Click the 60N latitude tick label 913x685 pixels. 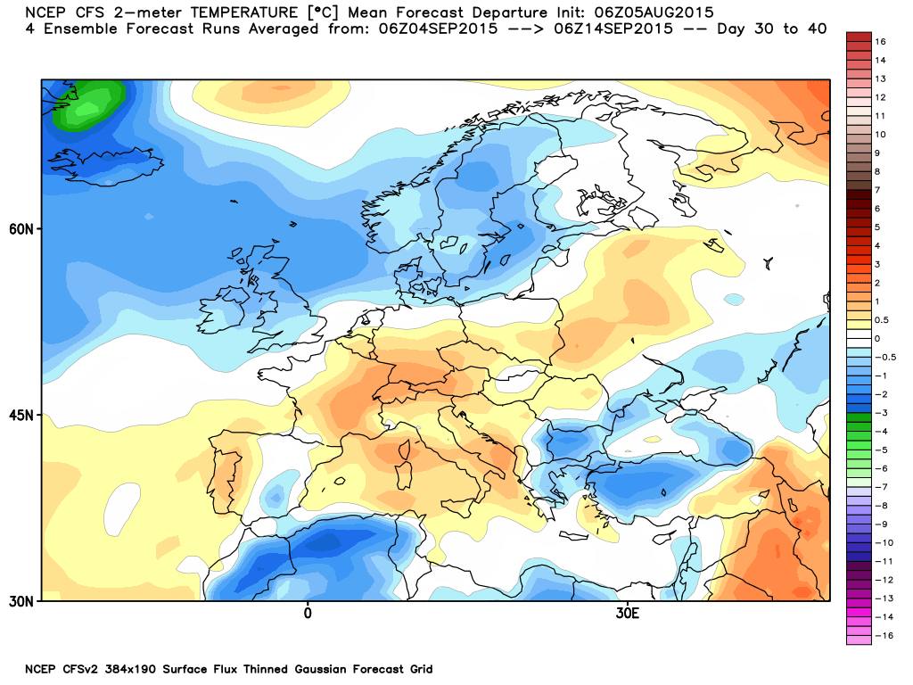(x=21, y=229)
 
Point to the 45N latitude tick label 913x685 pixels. (x=21, y=416)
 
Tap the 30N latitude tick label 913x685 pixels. (x=21, y=601)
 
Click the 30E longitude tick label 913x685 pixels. (x=627, y=614)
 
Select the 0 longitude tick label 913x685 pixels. (x=308, y=614)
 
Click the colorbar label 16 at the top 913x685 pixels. (x=880, y=41)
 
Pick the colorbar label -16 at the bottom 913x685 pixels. (x=884, y=635)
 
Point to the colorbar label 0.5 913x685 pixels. (x=882, y=320)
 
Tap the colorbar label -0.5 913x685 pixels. (x=885, y=357)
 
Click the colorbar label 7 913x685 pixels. (x=877, y=190)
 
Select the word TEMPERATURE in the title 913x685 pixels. (x=244, y=12)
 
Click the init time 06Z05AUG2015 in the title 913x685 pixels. (x=654, y=12)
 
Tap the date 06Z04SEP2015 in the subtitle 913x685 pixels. (x=439, y=29)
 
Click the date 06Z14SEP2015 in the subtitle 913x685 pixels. (x=613, y=29)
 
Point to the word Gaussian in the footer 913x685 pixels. (x=320, y=669)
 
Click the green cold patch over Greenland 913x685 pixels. (x=88, y=105)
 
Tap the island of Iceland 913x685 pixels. (x=105, y=165)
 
